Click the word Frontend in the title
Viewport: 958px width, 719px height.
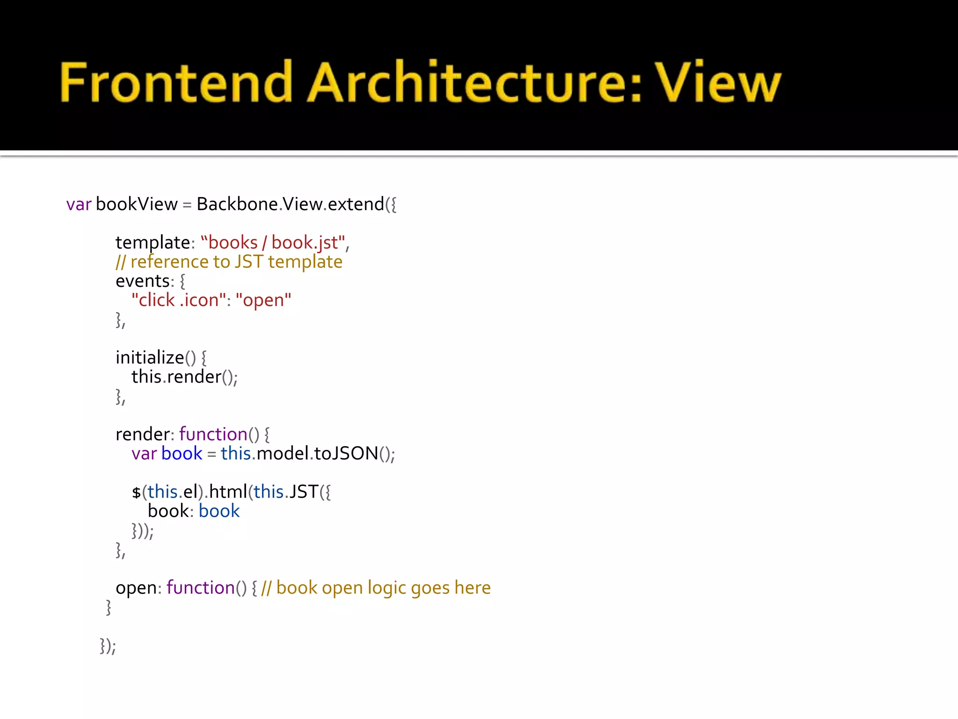[175, 82]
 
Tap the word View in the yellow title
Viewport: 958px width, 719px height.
[718, 82]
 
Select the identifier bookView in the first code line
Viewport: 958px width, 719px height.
[137, 205]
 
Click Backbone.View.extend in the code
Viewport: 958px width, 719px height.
[290, 205]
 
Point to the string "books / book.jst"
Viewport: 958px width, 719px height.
[273, 243]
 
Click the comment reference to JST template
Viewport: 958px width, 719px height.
[236, 262]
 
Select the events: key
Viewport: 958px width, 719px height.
[145, 281]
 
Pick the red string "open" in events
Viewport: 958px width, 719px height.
[263, 301]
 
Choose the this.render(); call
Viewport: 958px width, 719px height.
[184, 377]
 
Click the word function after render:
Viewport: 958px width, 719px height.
[213, 435]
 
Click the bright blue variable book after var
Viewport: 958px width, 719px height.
[181, 454]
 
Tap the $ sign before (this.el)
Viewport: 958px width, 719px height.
[136, 492]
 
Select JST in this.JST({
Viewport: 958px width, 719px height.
[304, 492]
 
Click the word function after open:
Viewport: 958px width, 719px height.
[201, 588]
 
